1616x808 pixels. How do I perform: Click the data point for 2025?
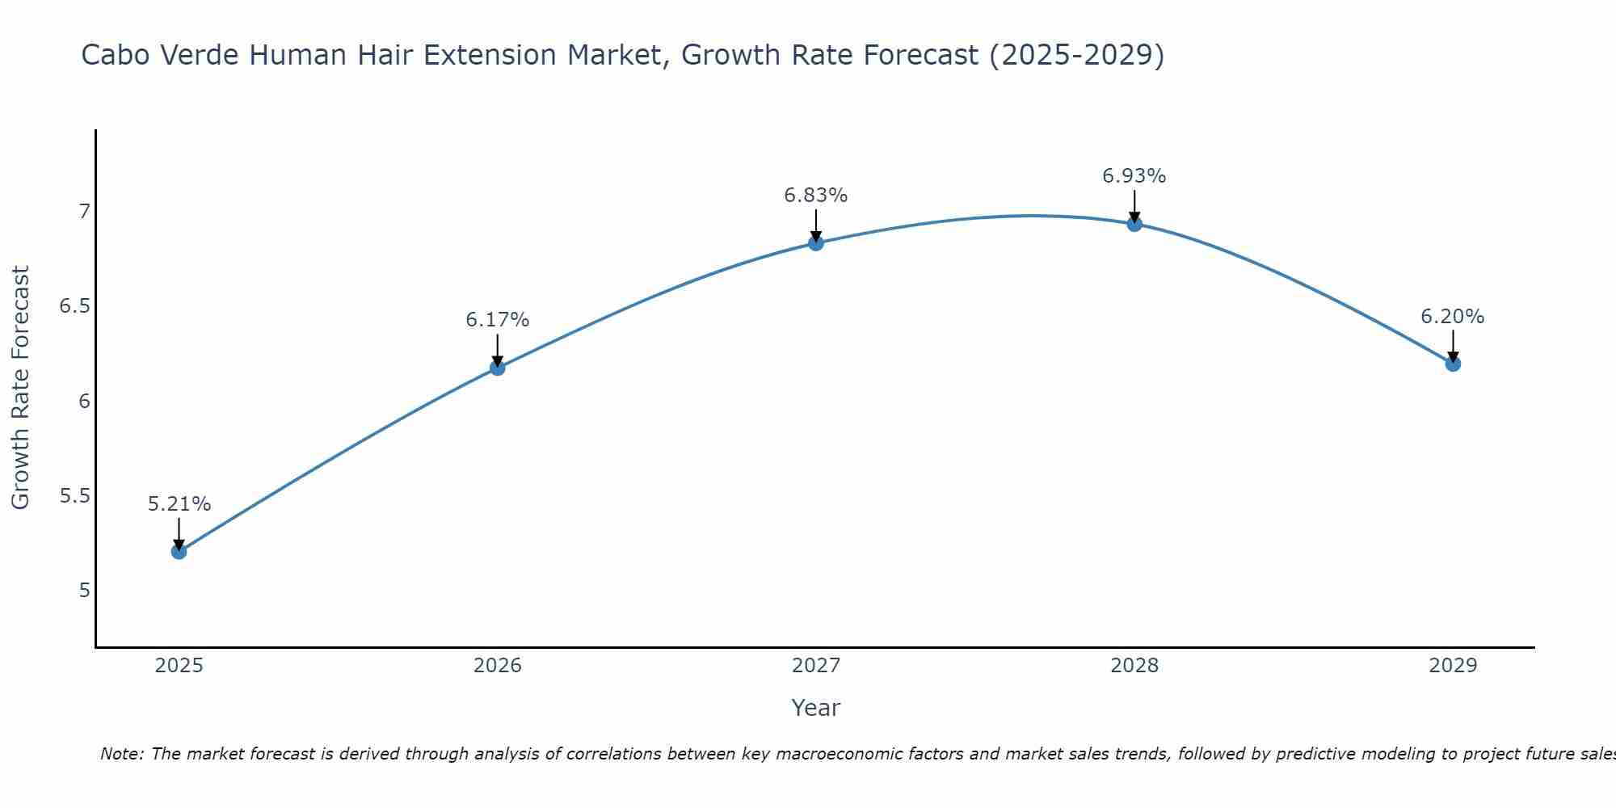179,552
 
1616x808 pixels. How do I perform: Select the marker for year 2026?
497,368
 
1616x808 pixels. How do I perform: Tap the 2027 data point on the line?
815,243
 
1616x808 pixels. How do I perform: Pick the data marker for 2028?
1134,224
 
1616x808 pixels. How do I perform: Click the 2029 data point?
1452,364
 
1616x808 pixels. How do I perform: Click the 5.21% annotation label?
179,504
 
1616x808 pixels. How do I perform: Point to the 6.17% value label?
497,320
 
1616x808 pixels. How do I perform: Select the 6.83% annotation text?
815,196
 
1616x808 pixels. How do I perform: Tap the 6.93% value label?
1134,176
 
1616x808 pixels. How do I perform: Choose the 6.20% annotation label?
1452,317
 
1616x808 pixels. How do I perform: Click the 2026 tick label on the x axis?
497,666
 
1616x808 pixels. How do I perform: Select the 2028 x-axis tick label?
1134,666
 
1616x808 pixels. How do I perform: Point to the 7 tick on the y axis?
83,212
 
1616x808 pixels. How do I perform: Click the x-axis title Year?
815,708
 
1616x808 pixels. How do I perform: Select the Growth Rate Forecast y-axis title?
20,388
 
